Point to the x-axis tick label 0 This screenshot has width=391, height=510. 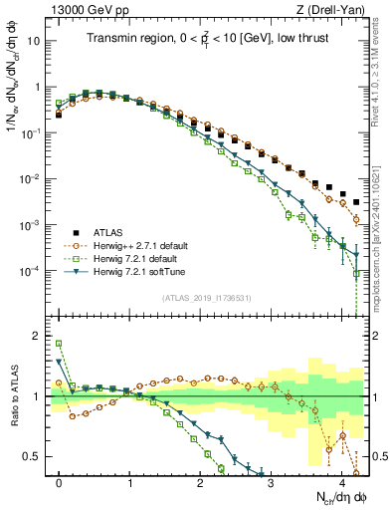(60, 478)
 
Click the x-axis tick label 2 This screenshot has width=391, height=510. (201, 478)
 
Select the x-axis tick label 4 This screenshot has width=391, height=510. (342, 478)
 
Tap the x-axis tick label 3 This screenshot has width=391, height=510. (272, 478)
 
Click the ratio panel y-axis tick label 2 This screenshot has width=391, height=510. (39, 336)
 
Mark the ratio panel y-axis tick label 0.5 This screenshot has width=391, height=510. (35, 456)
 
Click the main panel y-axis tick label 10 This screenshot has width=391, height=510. (35, 41)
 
